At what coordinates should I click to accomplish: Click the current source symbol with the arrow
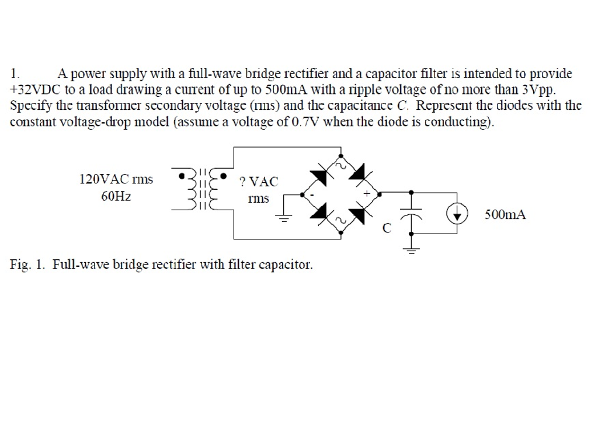pyautogui.click(x=457, y=215)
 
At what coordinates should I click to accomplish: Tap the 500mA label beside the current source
pyautogui.click(x=505, y=215)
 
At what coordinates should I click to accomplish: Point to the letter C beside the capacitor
pyautogui.click(x=386, y=228)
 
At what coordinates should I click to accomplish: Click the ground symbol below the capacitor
pyautogui.click(x=411, y=250)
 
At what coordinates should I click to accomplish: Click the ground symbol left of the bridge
pyautogui.click(x=283, y=218)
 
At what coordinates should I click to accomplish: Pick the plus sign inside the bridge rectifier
pyautogui.click(x=367, y=192)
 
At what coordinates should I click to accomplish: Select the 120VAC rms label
pyautogui.click(x=116, y=179)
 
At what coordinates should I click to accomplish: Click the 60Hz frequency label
pyautogui.click(x=116, y=197)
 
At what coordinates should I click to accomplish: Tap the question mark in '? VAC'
pyautogui.click(x=242, y=182)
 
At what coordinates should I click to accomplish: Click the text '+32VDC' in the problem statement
pyautogui.click(x=33, y=90)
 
